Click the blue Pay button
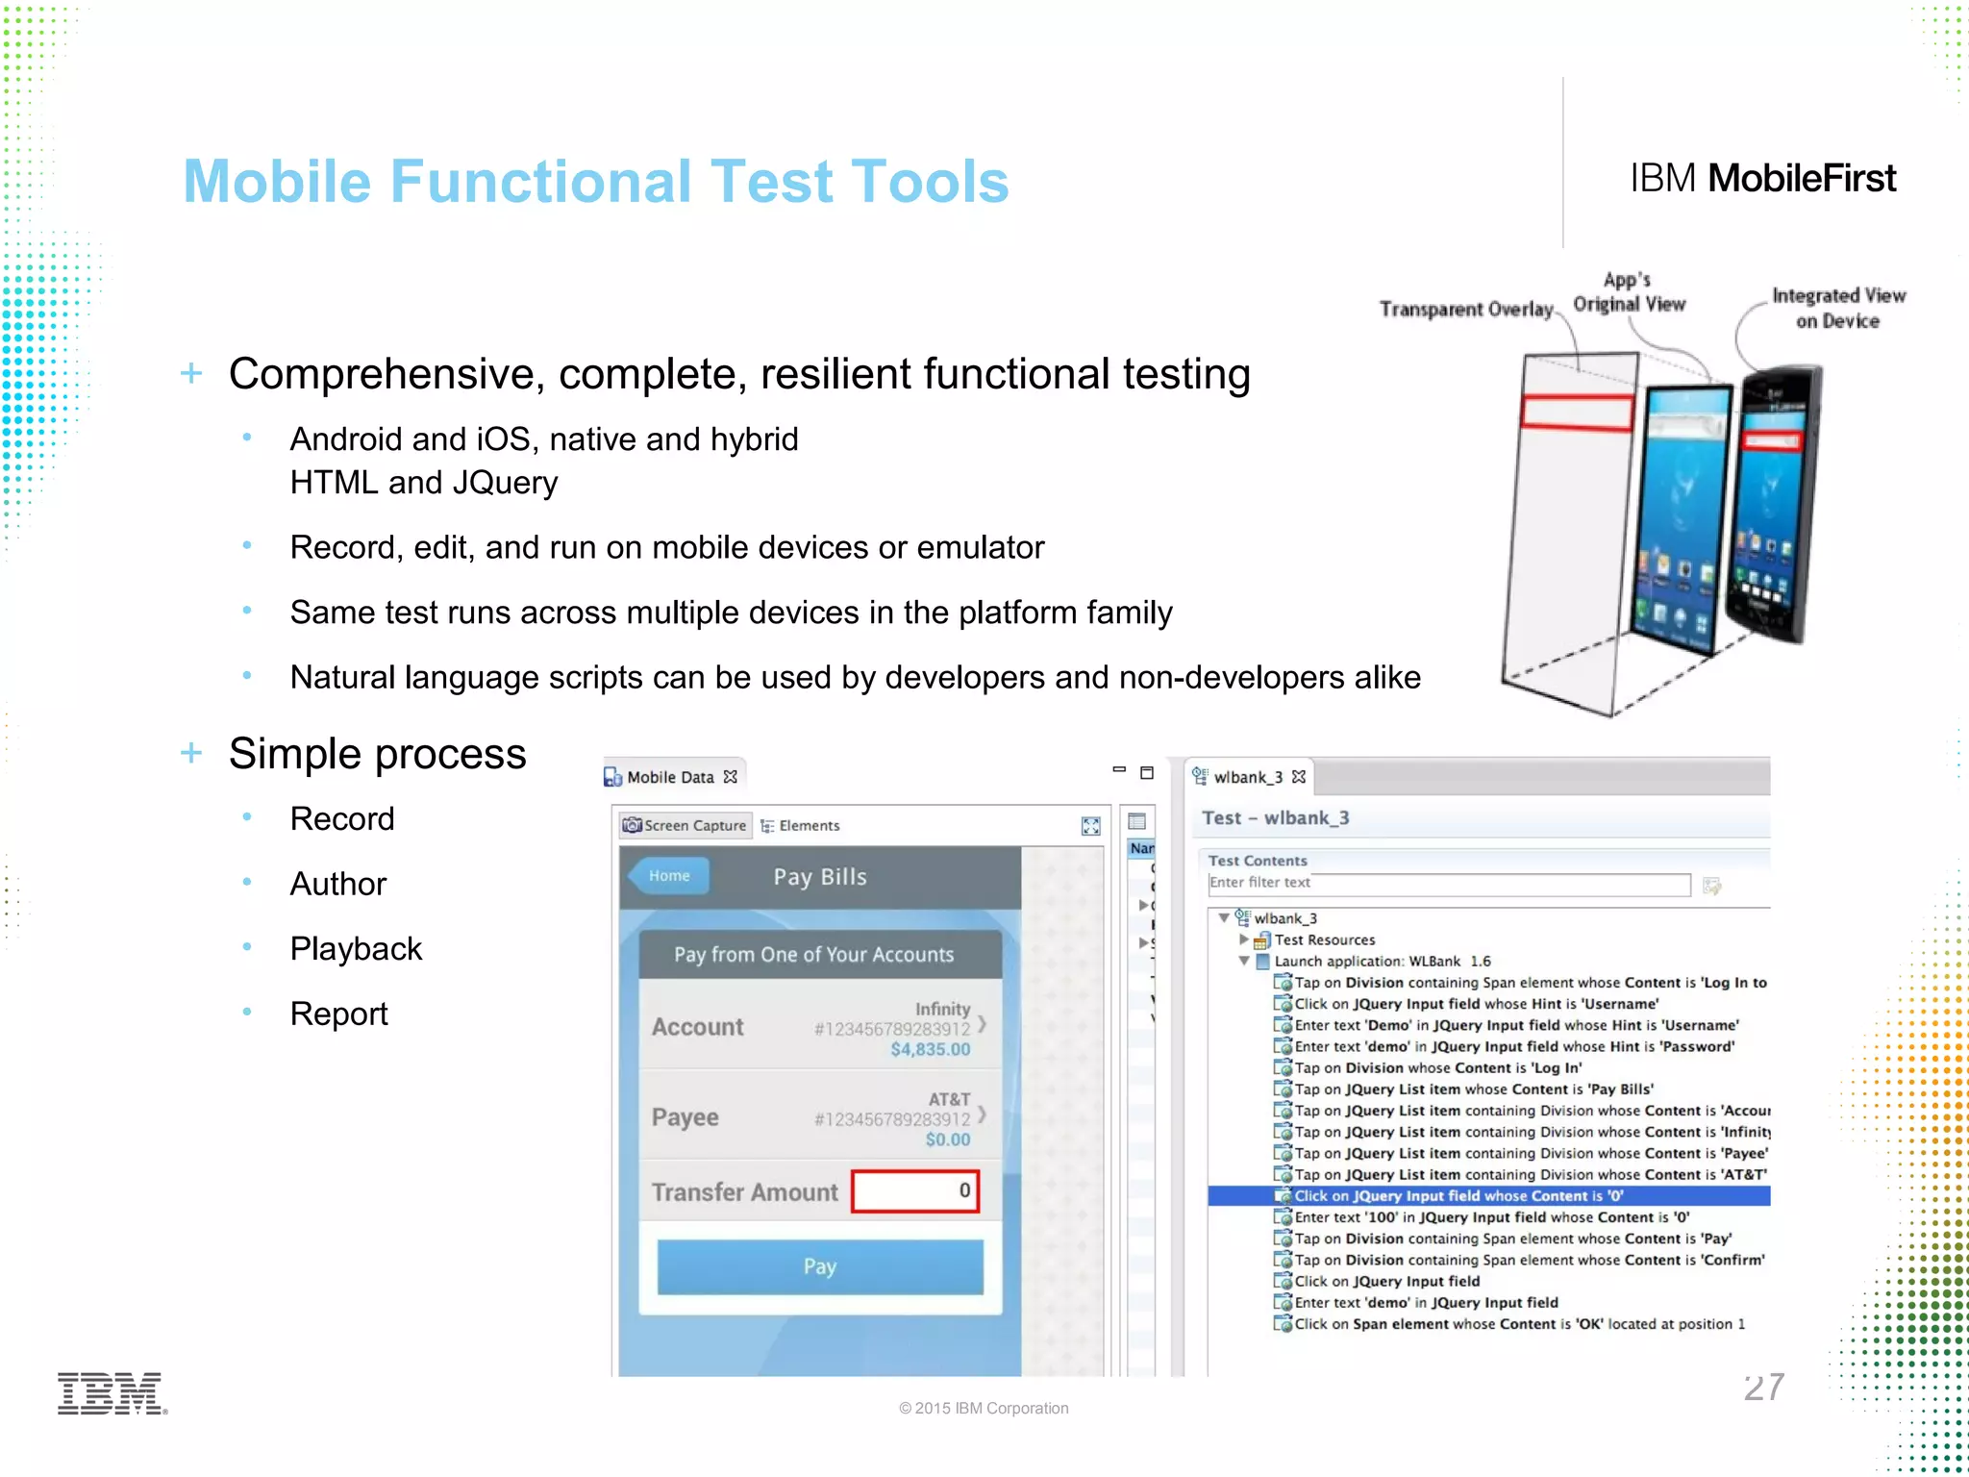pyautogui.click(x=820, y=1266)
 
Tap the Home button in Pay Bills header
pyautogui.click(x=669, y=876)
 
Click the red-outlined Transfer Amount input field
pyautogui.click(x=914, y=1191)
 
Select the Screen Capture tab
pyautogui.click(x=685, y=825)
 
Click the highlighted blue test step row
pyautogui.click(x=1488, y=1196)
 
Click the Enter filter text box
pyautogui.click(x=1448, y=883)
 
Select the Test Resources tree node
pyautogui.click(x=1324, y=939)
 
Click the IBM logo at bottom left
pyautogui.click(x=112, y=1393)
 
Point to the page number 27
pyautogui.click(x=1763, y=1387)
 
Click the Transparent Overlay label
pyautogui.click(x=1465, y=309)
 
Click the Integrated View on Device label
pyautogui.click(x=1837, y=308)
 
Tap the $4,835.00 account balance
pyautogui.click(x=930, y=1049)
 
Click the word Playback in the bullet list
pyautogui.click(x=356, y=949)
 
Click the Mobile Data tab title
pyautogui.click(x=670, y=777)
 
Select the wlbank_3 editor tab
pyautogui.click(x=1247, y=777)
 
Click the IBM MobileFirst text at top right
pyautogui.click(x=1762, y=179)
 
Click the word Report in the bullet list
pyautogui.click(x=339, y=1014)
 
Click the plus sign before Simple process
pyautogui.click(x=191, y=753)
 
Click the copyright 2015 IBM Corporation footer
pyautogui.click(x=984, y=1408)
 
